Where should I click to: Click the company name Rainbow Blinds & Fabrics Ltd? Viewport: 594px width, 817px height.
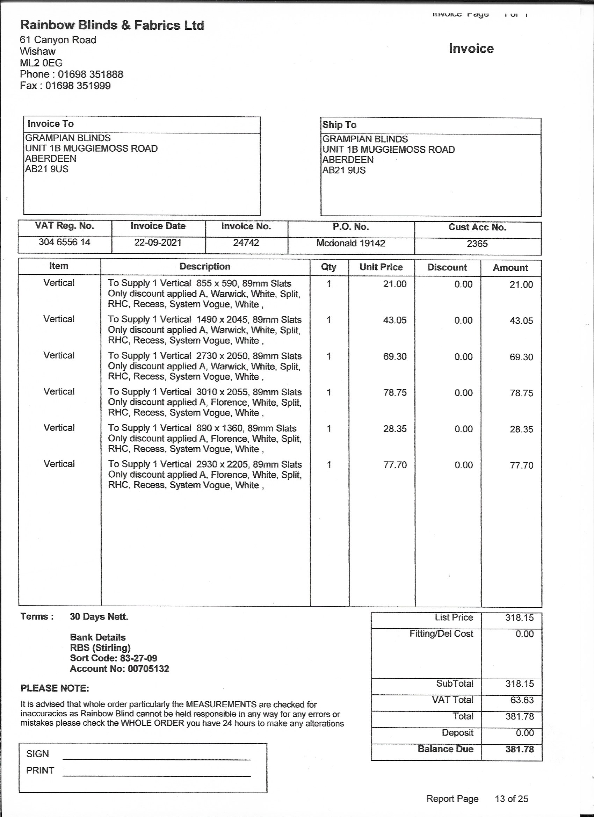112,25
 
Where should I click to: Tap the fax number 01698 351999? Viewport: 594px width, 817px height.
78,86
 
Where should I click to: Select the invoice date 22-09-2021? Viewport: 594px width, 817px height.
158,243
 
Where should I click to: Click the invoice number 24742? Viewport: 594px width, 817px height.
246,243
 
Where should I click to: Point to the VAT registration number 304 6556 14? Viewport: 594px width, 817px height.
65,242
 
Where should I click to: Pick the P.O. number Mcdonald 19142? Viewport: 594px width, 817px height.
351,243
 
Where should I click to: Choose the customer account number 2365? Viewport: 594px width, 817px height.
477,244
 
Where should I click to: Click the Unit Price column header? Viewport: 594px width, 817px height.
381,267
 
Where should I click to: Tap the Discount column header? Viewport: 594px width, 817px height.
447,268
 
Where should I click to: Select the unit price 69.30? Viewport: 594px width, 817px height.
395,357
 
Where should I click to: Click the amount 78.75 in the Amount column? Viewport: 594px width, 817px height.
521,393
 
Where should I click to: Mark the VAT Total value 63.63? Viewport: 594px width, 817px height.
522,700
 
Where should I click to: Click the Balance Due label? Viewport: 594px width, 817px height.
445,749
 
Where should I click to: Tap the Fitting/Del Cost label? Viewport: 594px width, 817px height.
441,634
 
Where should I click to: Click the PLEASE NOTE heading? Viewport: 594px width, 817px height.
55,688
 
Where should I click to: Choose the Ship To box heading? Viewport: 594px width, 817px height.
339,125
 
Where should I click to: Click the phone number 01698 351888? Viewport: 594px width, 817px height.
90,74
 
